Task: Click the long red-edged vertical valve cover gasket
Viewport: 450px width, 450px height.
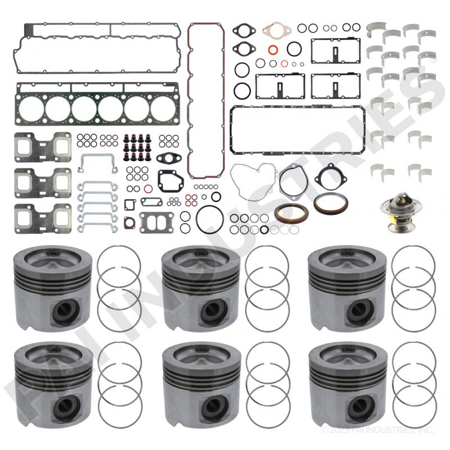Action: coord(189,101)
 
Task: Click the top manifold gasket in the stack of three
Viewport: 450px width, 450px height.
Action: coord(43,147)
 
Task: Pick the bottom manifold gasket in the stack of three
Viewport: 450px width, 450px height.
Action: coord(43,218)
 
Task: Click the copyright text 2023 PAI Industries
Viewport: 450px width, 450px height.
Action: coord(378,430)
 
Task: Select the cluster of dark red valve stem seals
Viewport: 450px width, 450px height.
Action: coord(137,147)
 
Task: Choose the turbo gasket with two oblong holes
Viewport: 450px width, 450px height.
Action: coord(156,223)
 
